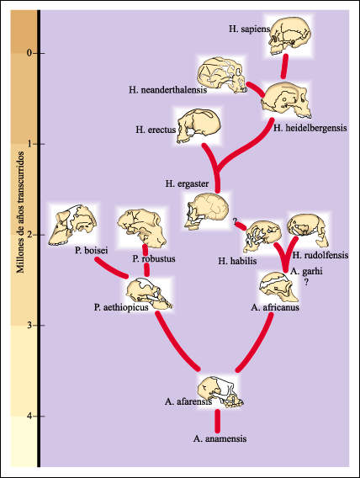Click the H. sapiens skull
coord(289,35)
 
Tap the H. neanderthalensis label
coord(168,90)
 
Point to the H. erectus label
coord(156,130)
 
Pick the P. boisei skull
coord(72,225)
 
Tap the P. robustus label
coord(154,259)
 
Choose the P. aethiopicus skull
coord(149,294)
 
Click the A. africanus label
coord(275,307)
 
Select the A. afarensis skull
coord(220,391)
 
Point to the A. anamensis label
coord(220,438)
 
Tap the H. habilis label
coord(237,261)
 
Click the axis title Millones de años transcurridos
coord(20,212)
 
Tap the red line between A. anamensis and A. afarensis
coord(217,421)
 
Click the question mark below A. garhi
coord(306,283)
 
